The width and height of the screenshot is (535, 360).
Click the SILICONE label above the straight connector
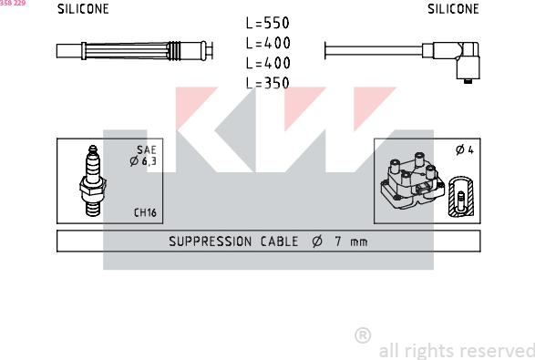[x=83, y=9]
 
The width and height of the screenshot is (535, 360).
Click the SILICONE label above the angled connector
[x=453, y=9]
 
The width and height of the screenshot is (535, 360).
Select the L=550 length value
[x=268, y=23]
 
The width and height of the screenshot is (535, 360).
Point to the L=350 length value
[x=268, y=83]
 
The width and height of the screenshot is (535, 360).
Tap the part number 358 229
[x=13, y=3]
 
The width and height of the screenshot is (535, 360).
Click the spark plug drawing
[x=93, y=180]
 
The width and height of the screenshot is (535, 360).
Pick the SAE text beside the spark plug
[x=147, y=149]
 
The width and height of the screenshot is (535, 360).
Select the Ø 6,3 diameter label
[x=143, y=161]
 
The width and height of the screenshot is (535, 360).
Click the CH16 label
[x=145, y=212]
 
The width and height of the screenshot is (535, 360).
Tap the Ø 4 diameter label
[x=465, y=149]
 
